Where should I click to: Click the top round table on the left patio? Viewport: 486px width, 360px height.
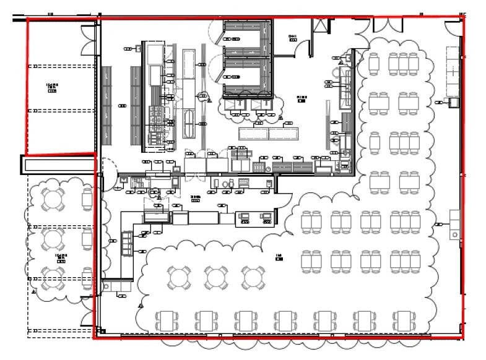53,199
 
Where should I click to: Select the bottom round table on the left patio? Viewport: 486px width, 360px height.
53,278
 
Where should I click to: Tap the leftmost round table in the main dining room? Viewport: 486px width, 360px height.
180,276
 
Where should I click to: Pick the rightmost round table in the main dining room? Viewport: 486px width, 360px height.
253,276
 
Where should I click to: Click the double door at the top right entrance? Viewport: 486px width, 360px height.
387,25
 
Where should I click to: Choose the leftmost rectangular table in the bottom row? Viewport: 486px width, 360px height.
167,320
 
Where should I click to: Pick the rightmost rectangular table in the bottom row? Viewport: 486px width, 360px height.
404,320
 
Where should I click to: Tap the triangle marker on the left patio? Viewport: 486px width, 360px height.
35,291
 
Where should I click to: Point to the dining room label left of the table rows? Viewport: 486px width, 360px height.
279,255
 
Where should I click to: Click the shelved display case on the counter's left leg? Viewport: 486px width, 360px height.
126,243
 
